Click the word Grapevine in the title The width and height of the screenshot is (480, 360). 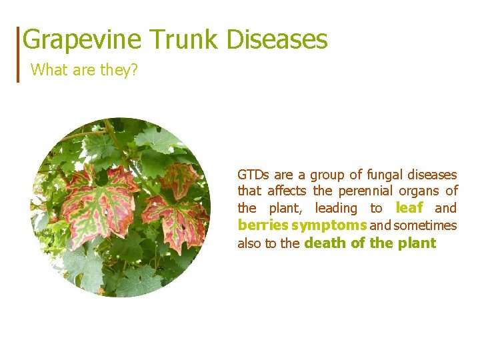coord(82,40)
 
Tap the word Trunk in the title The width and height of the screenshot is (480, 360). coord(184,40)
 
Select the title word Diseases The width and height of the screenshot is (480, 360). coord(277,40)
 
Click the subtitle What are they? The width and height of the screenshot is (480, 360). coord(84,70)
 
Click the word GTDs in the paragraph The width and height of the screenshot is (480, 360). coord(253,175)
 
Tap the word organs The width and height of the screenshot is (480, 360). coord(423,192)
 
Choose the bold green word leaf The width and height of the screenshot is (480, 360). coord(409,208)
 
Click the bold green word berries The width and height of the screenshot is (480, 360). coord(263,225)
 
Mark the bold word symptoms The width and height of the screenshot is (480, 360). coord(329,225)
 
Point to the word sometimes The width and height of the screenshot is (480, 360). coord(425,225)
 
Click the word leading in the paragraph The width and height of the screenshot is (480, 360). coord(336,209)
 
